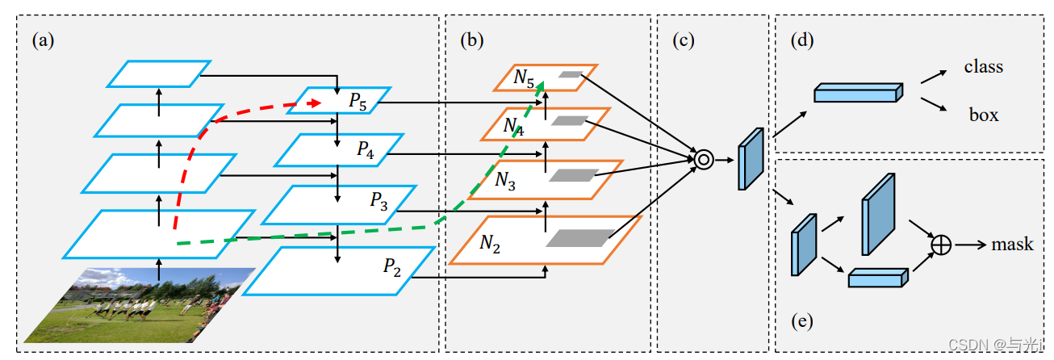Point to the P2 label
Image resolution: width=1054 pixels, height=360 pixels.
click(392, 269)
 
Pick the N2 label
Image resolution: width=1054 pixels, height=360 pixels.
click(490, 241)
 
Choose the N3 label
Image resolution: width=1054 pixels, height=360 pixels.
click(505, 182)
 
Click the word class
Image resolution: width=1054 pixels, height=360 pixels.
click(983, 67)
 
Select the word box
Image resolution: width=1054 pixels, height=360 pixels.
click(984, 115)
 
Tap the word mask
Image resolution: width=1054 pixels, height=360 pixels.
click(1012, 244)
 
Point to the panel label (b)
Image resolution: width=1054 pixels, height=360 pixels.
click(472, 40)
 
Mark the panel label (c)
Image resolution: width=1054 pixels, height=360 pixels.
click(684, 40)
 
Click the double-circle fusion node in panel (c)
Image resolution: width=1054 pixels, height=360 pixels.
click(703, 161)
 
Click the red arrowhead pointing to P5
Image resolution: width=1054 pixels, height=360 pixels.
click(316, 103)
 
